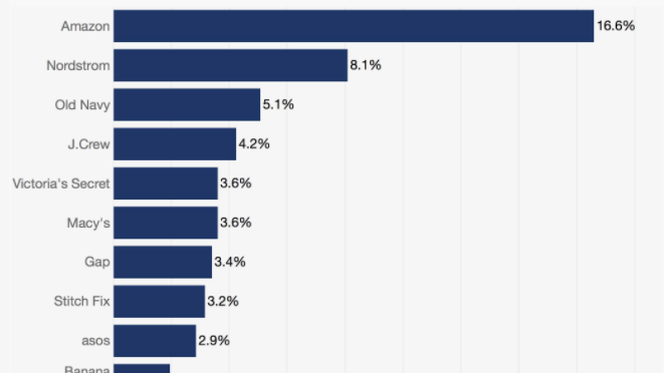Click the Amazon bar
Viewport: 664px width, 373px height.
(x=353, y=26)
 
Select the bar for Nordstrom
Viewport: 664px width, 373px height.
(x=230, y=65)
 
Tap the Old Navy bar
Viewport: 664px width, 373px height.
(x=187, y=105)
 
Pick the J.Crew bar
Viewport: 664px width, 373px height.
(x=175, y=144)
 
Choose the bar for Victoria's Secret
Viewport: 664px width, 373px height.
(x=166, y=183)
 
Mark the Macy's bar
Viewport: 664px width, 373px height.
(x=166, y=223)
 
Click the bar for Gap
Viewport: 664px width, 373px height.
(x=163, y=262)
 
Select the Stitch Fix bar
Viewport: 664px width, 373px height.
(x=159, y=302)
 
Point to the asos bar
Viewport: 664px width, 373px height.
(x=155, y=341)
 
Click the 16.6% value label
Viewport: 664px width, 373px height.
(x=616, y=26)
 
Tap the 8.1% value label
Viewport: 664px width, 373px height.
(x=365, y=65)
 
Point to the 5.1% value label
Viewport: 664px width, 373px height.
(x=278, y=105)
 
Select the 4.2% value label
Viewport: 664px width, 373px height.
(x=254, y=144)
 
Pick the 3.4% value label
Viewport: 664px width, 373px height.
(x=230, y=262)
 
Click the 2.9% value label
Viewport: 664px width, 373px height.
(x=214, y=341)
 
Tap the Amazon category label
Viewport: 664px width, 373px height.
(x=85, y=27)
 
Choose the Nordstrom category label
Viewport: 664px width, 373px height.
(x=78, y=66)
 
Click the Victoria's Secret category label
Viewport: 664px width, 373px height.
(x=61, y=184)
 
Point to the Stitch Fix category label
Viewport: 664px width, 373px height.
(x=82, y=302)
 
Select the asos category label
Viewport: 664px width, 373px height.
(x=96, y=341)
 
